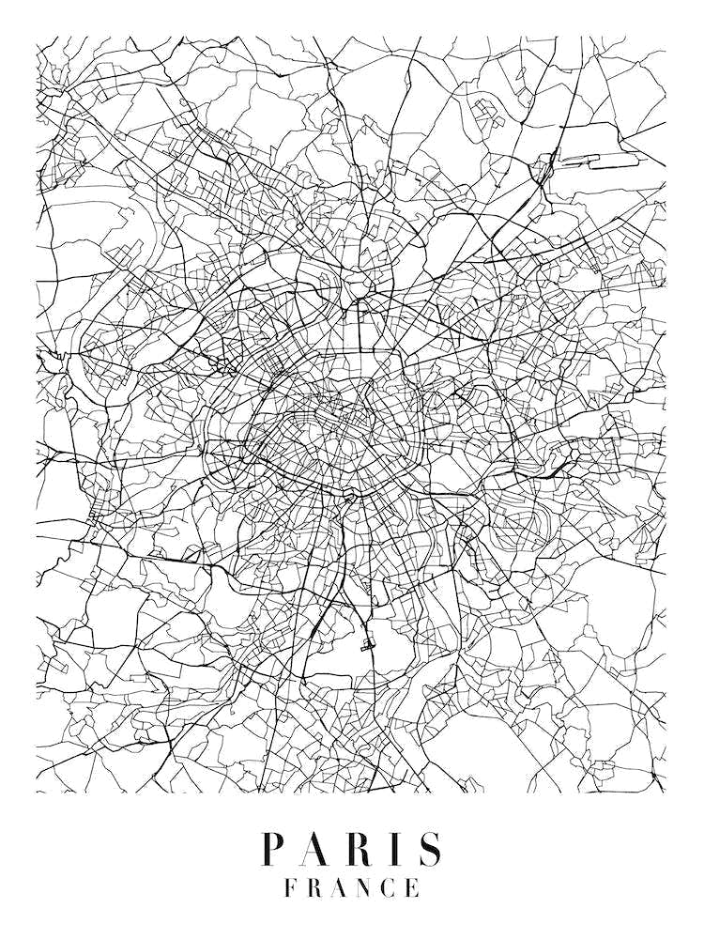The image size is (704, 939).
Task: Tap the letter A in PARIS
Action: click(x=315, y=849)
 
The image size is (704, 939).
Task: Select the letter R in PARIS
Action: click(x=359, y=849)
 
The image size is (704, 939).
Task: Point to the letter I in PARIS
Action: click(x=395, y=849)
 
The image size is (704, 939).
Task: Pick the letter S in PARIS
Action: click(x=429, y=849)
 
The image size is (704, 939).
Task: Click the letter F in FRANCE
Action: click(x=291, y=887)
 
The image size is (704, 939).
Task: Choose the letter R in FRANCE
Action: click(x=315, y=887)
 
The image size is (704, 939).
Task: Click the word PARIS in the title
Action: click(x=352, y=849)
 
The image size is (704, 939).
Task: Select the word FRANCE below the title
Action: click(x=352, y=887)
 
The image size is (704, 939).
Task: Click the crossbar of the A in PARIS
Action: click(x=314, y=856)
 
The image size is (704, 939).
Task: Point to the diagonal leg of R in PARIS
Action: click(x=366, y=858)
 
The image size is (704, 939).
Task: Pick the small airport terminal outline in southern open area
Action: click(x=366, y=644)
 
